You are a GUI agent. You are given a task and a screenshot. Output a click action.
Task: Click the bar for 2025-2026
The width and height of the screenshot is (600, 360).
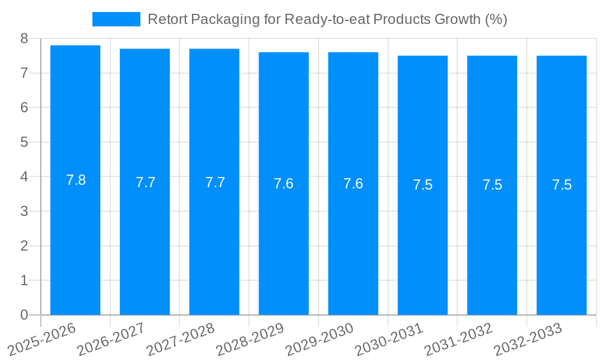[75, 180]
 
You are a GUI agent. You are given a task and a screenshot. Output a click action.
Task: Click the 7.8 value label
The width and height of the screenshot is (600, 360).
[76, 180]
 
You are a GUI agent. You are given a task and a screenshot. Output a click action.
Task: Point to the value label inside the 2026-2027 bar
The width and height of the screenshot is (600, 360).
[145, 182]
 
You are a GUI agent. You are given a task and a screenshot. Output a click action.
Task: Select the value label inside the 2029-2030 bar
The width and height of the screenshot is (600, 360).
[353, 184]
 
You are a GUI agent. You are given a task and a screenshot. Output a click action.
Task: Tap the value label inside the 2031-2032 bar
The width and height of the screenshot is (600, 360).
[492, 185]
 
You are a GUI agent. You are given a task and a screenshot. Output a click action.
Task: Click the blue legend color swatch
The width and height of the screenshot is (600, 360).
[116, 19]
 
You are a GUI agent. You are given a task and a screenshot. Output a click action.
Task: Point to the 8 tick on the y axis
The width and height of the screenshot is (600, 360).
[24, 38]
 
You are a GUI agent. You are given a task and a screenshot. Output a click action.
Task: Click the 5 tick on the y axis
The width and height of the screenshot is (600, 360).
[24, 142]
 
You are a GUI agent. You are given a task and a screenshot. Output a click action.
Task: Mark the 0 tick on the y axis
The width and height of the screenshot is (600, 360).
[24, 315]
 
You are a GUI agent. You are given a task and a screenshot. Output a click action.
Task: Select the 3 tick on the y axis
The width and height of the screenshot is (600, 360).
[24, 211]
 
